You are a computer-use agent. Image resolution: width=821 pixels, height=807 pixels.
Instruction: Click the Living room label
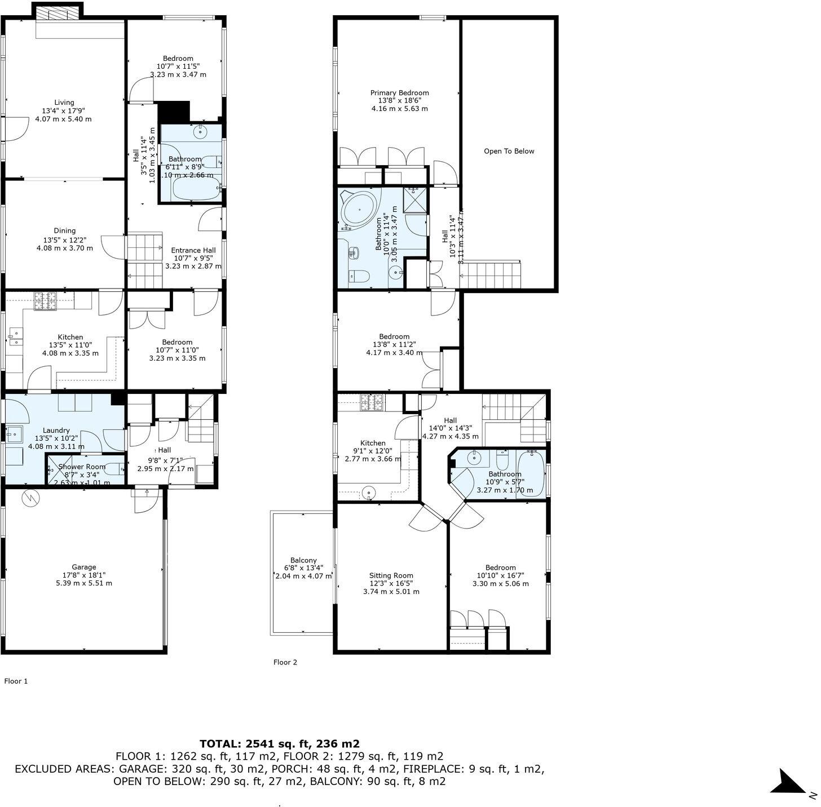pos(64,103)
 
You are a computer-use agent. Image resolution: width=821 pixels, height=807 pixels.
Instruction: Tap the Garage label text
pos(83,567)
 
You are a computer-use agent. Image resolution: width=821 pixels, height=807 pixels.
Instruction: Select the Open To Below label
pos(509,151)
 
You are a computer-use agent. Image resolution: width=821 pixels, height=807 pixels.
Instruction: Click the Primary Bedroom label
pos(399,93)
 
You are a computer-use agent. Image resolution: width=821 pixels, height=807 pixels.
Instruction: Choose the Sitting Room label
pos(391,575)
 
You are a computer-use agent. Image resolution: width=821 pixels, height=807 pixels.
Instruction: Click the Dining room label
pos(64,230)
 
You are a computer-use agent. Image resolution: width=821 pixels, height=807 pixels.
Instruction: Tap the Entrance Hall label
pos(193,250)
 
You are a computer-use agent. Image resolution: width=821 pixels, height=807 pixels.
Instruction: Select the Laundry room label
pos(56,430)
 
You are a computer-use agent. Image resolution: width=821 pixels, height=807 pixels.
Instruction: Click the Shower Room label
pos(82,467)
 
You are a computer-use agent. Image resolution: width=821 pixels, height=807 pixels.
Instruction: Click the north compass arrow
pos(789,783)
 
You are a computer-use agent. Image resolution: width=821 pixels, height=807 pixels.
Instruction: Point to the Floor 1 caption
pos(16,681)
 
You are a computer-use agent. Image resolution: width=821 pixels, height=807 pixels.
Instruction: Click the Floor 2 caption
pos(285,662)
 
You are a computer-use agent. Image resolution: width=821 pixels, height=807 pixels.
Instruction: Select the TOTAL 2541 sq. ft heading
pos(279,743)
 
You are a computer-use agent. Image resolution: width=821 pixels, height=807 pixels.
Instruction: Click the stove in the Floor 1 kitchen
pos(45,301)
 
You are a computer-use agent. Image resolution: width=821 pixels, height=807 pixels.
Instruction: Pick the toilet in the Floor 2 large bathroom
pos(359,276)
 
